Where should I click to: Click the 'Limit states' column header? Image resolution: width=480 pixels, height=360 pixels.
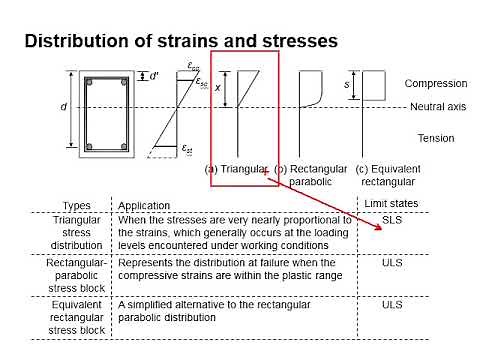click(392, 203)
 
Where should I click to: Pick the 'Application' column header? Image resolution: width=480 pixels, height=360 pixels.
click(144, 206)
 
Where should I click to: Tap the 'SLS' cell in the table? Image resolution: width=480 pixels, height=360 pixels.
click(392, 227)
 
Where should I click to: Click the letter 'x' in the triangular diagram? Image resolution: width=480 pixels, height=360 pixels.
click(217, 88)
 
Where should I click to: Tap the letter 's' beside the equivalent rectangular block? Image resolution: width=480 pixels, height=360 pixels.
click(347, 85)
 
